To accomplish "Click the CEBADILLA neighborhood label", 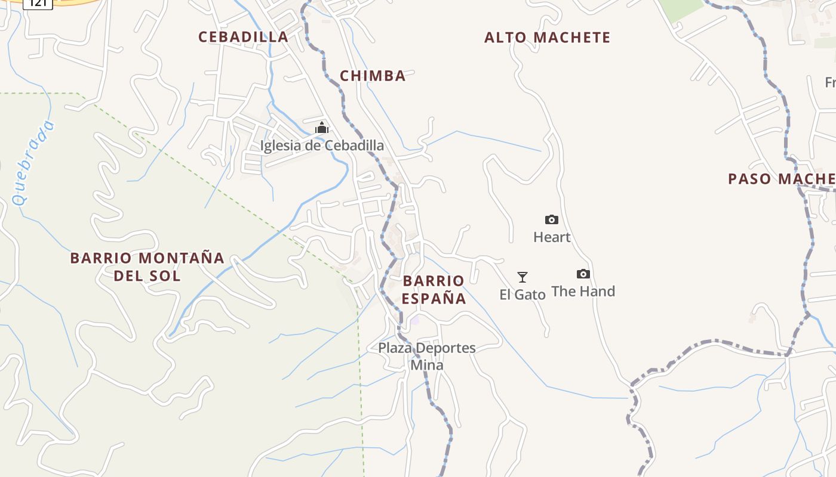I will [243, 37].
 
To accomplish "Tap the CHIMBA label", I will [373, 76].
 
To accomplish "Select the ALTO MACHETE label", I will [547, 38].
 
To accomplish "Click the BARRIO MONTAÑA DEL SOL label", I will [147, 267].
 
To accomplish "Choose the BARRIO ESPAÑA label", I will [434, 290].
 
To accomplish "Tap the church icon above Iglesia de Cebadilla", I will [322, 128].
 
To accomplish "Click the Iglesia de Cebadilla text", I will [322, 145].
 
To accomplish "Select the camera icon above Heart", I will [552, 220].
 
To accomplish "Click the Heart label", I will [552, 237].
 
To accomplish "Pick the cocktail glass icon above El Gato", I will [522, 277].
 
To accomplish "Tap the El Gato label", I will [522, 295].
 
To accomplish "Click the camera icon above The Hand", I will [583, 274].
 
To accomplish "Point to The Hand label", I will [583, 292].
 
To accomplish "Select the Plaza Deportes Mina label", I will [427, 356].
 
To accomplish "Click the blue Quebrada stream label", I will [33, 163].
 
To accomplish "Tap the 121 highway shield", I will [38, 3].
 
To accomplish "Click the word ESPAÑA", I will [434, 298].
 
